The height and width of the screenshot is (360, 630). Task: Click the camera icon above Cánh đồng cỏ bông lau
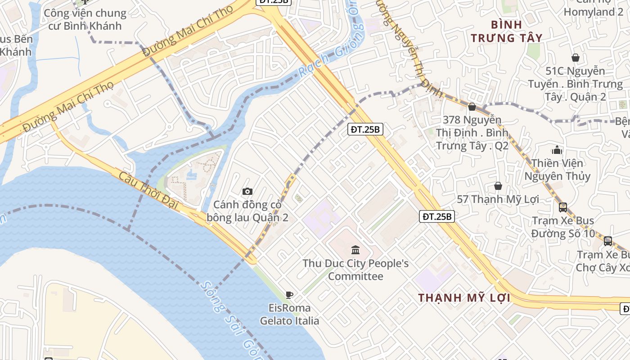(x=247, y=192)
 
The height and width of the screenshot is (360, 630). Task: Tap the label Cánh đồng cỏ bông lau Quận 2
(x=247, y=211)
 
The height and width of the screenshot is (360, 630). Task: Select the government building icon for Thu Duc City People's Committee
(x=355, y=250)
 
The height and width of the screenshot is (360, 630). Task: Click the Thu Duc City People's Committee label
(x=355, y=270)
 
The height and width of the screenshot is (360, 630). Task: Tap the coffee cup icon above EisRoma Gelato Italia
(x=289, y=295)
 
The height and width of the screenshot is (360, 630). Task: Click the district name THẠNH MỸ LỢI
(x=464, y=298)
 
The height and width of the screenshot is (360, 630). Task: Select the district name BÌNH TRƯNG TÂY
(x=506, y=31)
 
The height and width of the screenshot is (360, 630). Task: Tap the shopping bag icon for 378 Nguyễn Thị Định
(x=472, y=107)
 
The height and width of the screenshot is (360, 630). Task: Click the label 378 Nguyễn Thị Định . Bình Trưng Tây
(x=472, y=133)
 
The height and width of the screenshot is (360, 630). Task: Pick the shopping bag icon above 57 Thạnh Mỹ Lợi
(x=498, y=186)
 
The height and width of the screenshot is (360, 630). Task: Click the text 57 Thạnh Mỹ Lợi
(x=498, y=199)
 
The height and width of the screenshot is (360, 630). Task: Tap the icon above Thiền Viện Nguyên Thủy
(x=557, y=150)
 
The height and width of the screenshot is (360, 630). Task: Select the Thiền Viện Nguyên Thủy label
(x=557, y=169)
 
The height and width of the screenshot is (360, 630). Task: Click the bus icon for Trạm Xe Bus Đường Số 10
(x=563, y=207)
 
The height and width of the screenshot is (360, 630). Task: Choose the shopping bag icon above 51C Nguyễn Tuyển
(x=575, y=58)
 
